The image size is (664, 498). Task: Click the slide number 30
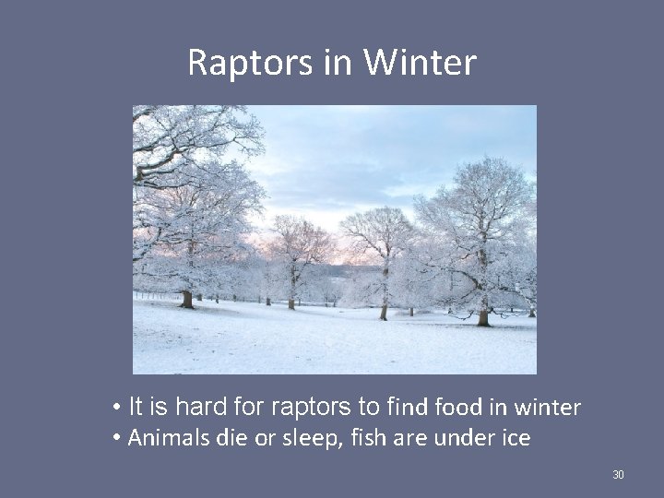click(618, 475)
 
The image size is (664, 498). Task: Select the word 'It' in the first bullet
click(135, 406)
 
